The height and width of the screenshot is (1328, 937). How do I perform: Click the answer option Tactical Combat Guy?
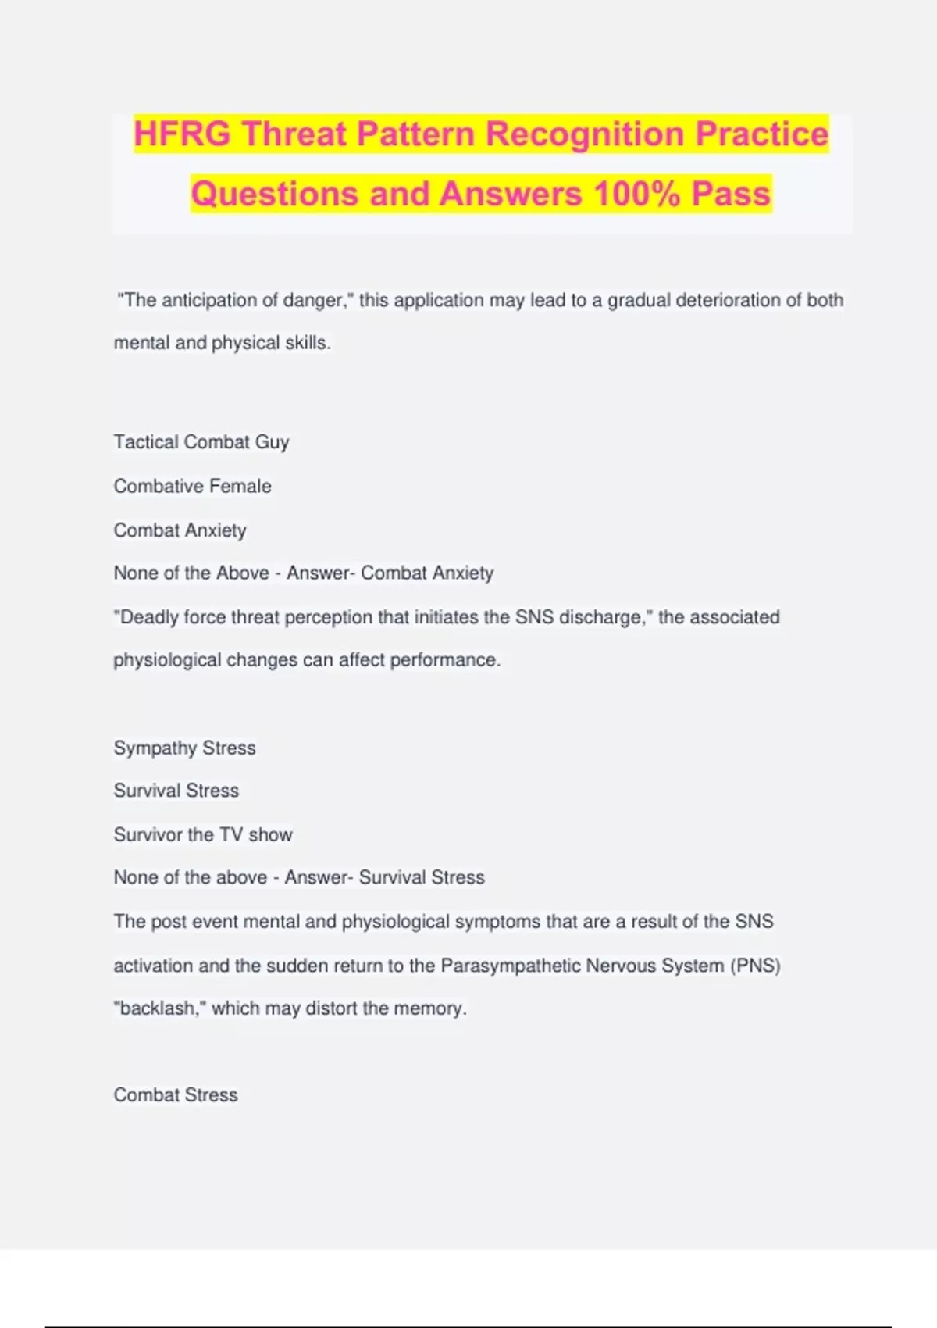click(201, 442)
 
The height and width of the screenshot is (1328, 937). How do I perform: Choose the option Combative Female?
click(193, 486)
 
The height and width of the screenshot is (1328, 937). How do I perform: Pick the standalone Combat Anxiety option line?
click(180, 530)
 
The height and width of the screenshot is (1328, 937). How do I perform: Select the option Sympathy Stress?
click(185, 748)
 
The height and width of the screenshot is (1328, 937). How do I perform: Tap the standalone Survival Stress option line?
click(176, 791)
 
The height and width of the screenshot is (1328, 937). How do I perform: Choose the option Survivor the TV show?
click(203, 834)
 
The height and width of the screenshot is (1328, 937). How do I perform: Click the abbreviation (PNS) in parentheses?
click(756, 966)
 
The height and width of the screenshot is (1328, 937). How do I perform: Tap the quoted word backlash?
click(159, 1008)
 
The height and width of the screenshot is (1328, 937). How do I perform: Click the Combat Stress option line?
click(176, 1095)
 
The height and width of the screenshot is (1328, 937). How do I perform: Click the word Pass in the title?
click(731, 194)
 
